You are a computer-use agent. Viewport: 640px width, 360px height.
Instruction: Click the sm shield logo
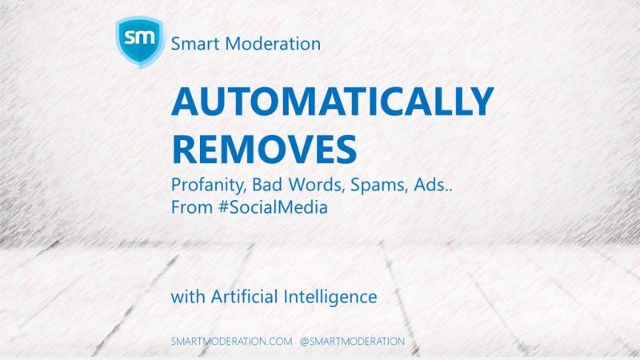tap(140, 41)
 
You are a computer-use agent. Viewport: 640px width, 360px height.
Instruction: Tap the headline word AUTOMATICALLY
tap(333, 102)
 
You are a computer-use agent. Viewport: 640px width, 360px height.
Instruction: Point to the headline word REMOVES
tap(265, 150)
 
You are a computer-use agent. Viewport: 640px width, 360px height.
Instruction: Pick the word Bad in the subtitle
tap(267, 184)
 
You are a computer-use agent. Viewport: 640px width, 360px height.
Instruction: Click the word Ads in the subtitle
tap(430, 185)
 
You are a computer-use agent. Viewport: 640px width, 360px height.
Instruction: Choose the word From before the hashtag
tap(191, 207)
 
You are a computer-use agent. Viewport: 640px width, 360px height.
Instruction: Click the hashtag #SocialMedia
tap(273, 207)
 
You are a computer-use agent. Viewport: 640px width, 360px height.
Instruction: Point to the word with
tap(188, 296)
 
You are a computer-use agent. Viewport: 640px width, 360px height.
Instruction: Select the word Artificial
tap(244, 296)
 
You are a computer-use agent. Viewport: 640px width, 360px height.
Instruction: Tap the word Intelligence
tap(330, 297)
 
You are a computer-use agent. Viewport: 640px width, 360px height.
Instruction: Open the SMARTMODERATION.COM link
tap(232, 342)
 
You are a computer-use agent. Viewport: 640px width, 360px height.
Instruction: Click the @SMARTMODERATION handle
tap(352, 342)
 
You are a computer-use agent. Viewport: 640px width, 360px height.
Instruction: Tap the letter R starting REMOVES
tap(184, 150)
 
